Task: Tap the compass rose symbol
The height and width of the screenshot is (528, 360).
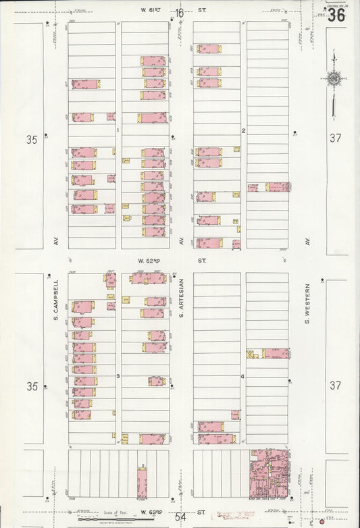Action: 333,80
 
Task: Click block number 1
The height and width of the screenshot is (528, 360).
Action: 118,130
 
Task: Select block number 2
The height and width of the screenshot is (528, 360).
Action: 243,130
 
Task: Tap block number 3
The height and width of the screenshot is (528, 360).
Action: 118,375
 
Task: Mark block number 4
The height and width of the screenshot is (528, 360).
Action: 242,375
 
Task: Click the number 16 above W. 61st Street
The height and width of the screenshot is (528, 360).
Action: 179,13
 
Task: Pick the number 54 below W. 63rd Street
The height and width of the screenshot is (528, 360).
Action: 180,517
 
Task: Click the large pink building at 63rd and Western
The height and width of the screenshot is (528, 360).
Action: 269,474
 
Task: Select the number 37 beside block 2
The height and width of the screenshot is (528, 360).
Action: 336,138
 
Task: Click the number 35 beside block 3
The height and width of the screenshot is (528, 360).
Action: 31,387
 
